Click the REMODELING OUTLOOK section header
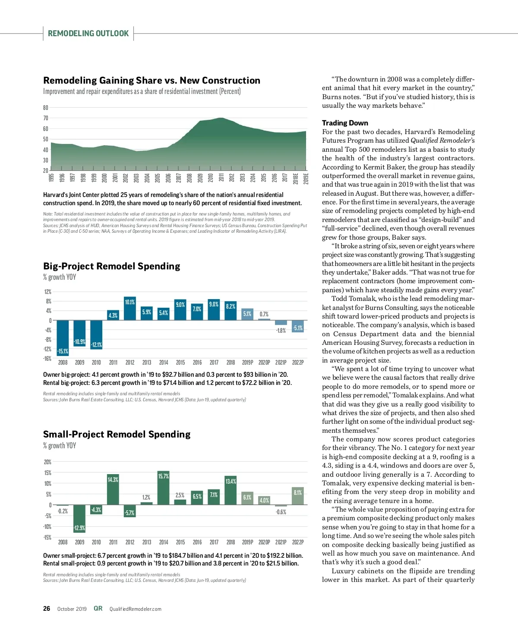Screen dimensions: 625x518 [88, 34]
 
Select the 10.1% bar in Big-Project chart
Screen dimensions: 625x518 [129, 309]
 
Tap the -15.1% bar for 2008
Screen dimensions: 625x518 [63, 338]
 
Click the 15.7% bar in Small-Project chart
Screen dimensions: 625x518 [163, 487]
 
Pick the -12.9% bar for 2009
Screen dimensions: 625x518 [79, 519]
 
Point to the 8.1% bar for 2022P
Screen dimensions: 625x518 [298, 496]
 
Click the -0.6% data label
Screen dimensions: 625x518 [281, 512]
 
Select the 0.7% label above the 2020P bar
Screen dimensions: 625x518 [264, 314]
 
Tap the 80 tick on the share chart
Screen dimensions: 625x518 [46, 108]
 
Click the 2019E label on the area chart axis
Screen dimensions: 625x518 [306, 178]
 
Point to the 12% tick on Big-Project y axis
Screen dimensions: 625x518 [47, 292]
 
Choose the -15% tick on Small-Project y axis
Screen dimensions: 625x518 [47, 537]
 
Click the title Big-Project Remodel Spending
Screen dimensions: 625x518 [111, 266]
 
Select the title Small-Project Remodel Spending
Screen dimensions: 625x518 [117, 434]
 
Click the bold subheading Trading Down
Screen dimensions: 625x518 [345, 123]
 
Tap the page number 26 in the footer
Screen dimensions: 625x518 [47, 609]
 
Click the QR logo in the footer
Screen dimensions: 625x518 [98, 608]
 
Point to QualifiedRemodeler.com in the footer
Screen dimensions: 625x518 [135, 609]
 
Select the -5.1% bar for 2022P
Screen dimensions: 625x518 [298, 326]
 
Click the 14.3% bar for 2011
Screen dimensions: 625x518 [113, 489]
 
